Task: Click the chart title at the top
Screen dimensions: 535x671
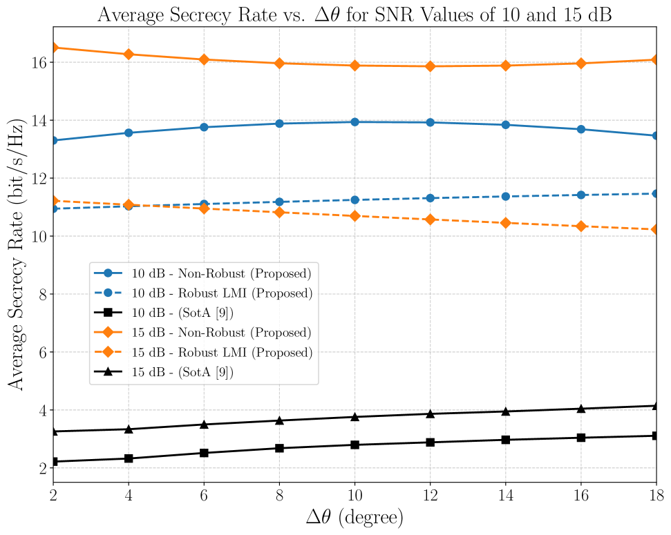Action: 355,13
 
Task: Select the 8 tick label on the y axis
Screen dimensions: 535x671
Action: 41,295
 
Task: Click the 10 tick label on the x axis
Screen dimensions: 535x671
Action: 355,495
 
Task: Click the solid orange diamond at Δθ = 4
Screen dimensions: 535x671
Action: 129,55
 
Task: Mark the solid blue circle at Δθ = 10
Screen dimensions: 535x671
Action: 355,122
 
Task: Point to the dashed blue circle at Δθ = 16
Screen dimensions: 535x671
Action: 581,195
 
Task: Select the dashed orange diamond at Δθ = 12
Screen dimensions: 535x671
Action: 431,220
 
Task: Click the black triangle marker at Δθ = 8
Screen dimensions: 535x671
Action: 279,420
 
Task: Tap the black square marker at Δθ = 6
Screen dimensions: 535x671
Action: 204,453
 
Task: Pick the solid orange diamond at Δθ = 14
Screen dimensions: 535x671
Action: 506,66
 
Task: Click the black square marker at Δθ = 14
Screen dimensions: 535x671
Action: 506,440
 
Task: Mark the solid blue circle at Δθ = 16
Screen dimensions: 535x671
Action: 581,129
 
